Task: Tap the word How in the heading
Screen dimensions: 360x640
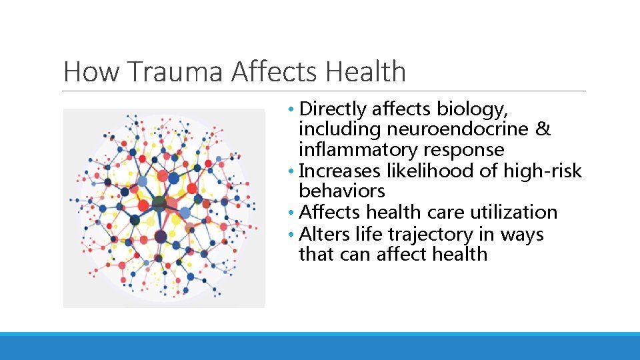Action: pyautogui.click(x=88, y=71)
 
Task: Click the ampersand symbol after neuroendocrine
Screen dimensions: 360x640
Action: pyautogui.click(x=543, y=129)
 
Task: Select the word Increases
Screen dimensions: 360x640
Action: pyautogui.click(x=337, y=171)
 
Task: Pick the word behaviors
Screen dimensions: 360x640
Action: pyautogui.click(x=342, y=191)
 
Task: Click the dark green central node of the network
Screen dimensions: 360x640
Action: pyautogui.click(x=159, y=203)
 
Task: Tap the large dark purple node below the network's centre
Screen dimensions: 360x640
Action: pyautogui.click(x=161, y=236)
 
